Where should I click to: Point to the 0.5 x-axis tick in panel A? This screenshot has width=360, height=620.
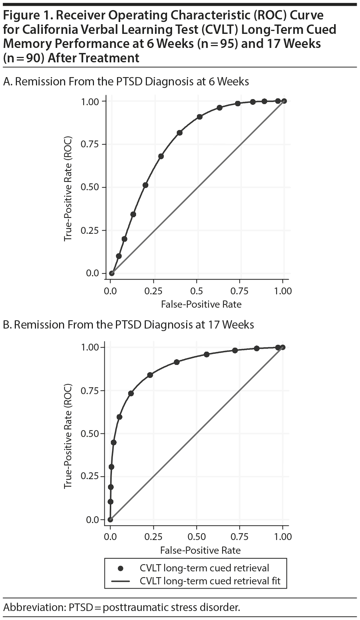[x=197, y=291]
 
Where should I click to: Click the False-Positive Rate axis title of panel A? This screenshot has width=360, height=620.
[x=201, y=304]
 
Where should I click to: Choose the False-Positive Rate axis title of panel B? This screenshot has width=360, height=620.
[x=200, y=550]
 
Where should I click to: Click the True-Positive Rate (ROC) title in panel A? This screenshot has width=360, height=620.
[x=68, y=189]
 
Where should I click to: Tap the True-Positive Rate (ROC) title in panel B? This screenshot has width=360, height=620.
[x=68, y=436]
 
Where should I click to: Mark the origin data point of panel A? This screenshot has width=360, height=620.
[x=112, y=273]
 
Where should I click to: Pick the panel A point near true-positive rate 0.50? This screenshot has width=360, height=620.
[x=145, y=185]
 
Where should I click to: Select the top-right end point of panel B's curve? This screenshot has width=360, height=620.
[x=283, y=347]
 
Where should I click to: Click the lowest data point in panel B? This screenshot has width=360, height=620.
[x=110, y=519]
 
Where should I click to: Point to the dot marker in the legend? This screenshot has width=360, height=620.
[x=121, y=568]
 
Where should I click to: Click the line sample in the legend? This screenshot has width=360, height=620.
[x=121, y=581]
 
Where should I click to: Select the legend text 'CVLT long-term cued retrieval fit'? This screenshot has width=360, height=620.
[x=210, y=581]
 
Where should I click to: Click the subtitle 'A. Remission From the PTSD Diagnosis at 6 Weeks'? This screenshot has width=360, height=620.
[x=126, y=82]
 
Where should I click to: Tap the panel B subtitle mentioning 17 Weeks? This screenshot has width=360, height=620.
[x=129, y=325]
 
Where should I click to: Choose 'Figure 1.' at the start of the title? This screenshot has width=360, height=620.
[x=26, y=16]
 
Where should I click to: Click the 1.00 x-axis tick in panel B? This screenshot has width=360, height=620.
[x=283, y=537]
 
